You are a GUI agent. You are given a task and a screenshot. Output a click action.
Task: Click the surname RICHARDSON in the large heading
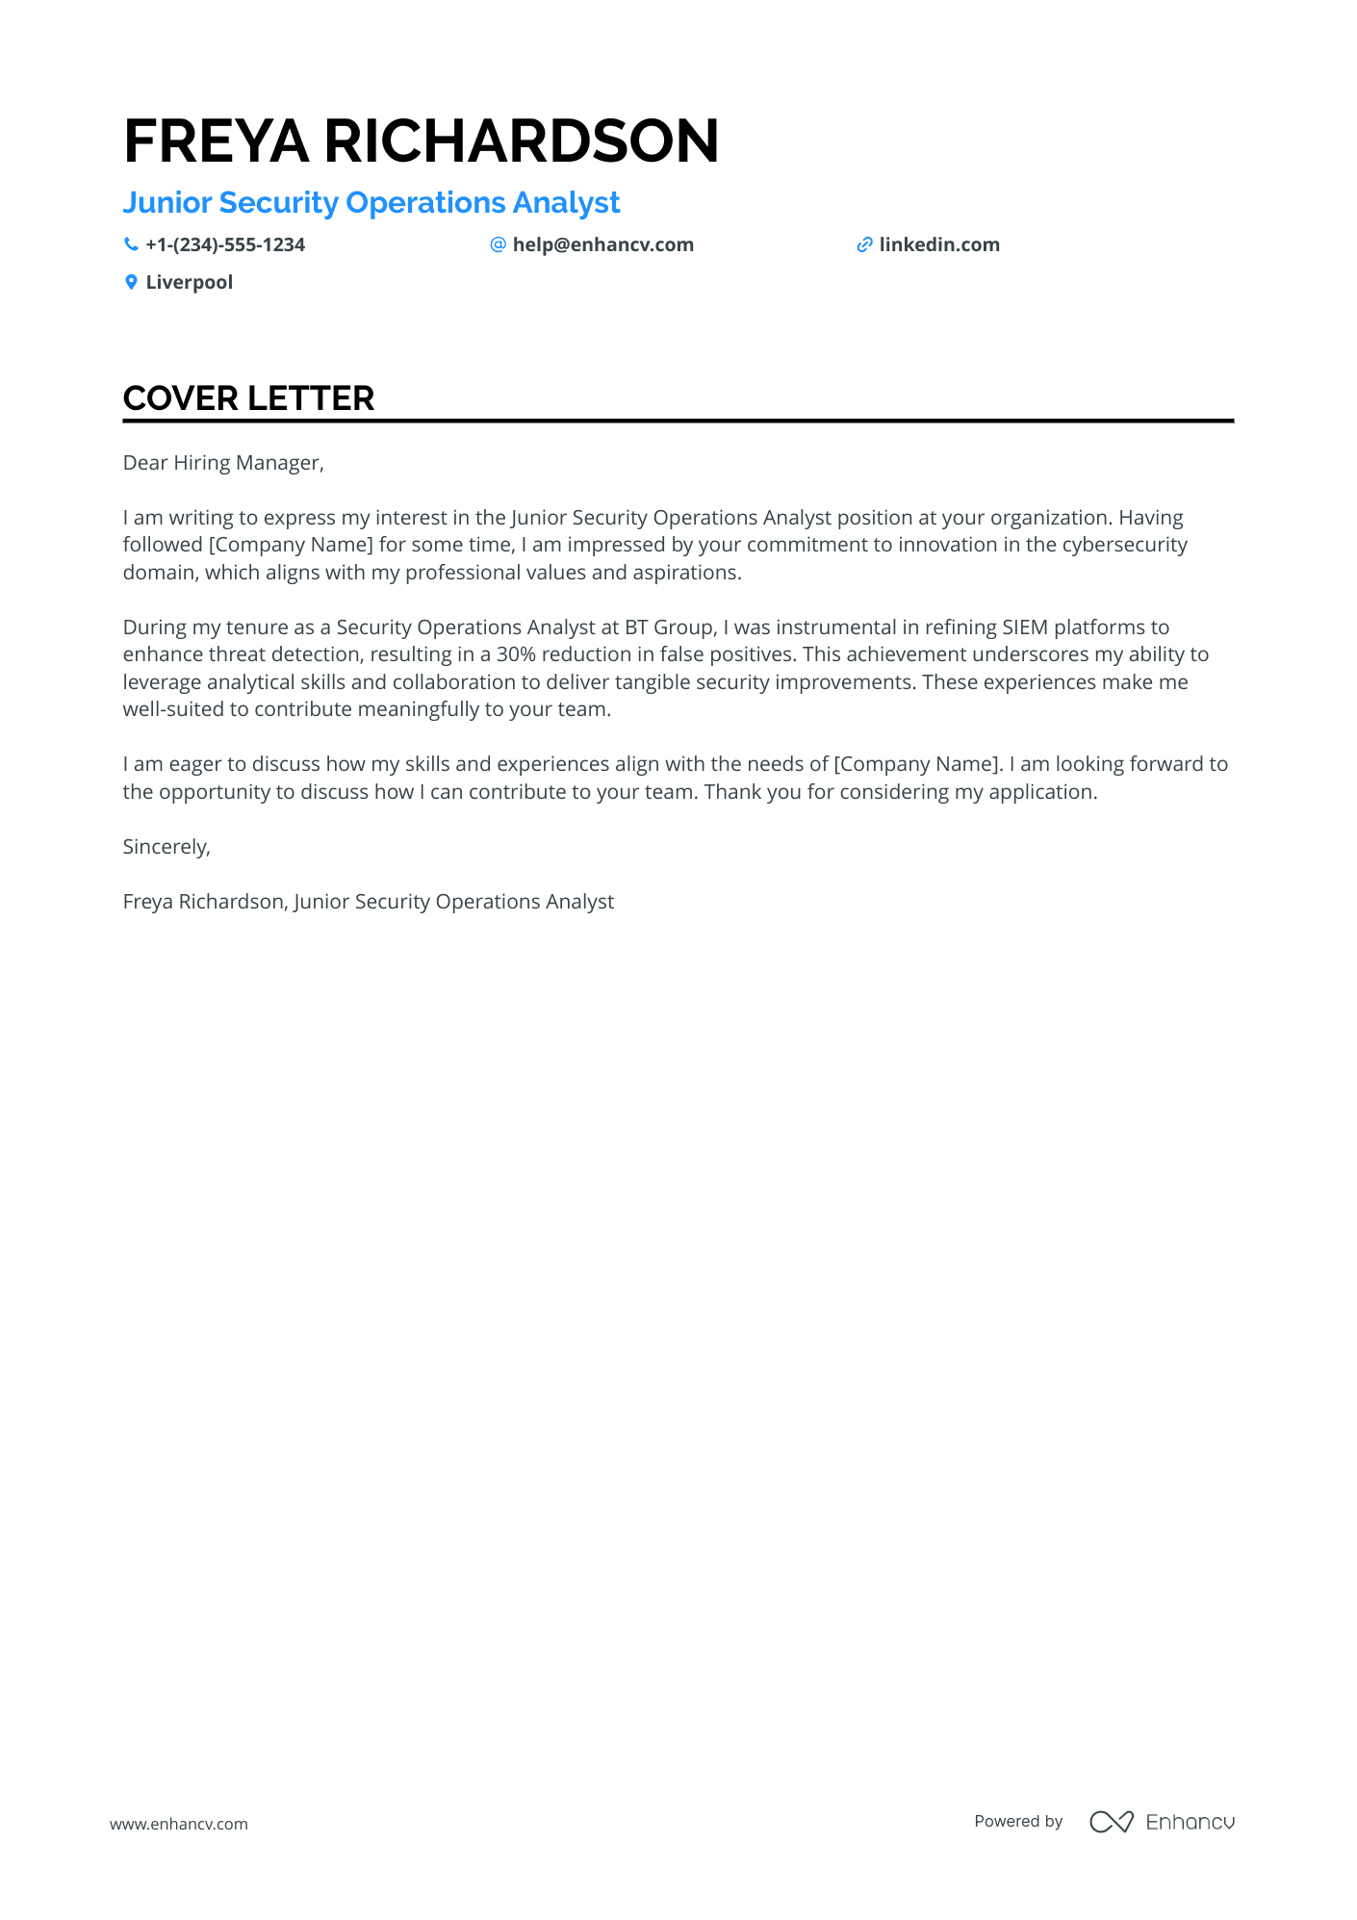(521, 141)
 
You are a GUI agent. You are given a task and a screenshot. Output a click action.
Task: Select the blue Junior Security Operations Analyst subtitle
(371, 203)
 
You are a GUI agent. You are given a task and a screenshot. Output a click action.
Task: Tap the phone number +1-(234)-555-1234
(225, 245)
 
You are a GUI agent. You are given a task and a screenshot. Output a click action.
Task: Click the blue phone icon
(131, 245)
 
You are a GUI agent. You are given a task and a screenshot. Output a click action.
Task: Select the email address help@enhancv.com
(602, 245)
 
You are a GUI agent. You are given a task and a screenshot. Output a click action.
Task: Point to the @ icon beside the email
(498, 245)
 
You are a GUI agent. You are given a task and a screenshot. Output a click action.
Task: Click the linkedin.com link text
(939, 245)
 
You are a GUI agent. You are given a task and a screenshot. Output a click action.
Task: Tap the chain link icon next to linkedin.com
(864, 245)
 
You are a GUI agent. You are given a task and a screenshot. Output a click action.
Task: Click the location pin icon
(131, 283)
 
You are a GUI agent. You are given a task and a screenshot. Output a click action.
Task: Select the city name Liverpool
(190, 283)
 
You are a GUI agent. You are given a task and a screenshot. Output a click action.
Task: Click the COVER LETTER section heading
(248, 398)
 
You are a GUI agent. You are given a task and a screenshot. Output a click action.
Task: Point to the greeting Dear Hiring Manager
(223, 463)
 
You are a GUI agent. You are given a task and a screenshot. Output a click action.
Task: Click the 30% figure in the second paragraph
(516, 654)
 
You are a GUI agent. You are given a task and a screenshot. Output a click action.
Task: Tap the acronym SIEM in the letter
(1024, 627)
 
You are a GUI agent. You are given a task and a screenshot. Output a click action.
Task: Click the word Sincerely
(166, 847)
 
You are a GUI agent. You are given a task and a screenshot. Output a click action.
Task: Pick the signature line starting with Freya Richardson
(368, 902)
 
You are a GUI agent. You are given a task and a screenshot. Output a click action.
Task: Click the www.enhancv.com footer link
(179, 1824)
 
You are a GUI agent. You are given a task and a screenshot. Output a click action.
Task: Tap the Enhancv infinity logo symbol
(1111, 1822)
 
